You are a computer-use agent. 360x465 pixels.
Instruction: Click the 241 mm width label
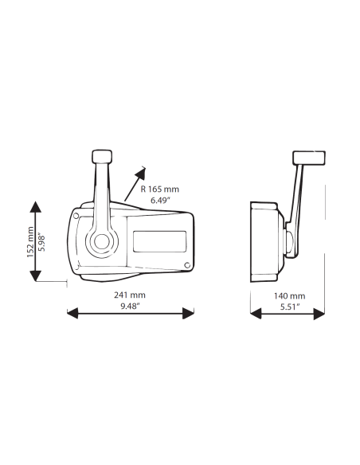(x=130, y=295)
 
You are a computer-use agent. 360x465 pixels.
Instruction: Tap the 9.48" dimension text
(x=130, y=306)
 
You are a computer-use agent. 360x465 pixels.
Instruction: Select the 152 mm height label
(x=30, y=242)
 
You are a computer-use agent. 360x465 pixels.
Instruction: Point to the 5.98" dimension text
(x=41, y=243)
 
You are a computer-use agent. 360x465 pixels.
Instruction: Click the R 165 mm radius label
(x=159, y=190)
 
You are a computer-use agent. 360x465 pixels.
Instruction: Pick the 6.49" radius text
(x=160, y=200)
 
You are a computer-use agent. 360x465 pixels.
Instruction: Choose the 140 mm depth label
(x=289, y=295)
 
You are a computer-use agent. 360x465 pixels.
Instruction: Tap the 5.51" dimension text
(x=290, y=307)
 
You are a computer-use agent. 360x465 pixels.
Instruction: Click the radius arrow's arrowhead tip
(x=145, y=167)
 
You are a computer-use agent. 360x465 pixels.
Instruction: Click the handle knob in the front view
(x=102, y=156)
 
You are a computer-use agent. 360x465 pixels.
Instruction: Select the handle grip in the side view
(x=309, y=158)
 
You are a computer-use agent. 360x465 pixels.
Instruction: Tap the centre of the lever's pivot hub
(x=101, y=240)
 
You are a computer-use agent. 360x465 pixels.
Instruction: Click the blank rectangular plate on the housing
(x=159, y=241)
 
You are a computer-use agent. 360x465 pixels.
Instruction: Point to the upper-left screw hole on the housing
(x=76, y=216)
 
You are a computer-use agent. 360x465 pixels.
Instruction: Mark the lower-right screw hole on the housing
(x=187, y=265)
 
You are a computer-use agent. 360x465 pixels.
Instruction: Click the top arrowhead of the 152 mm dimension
(x=36, y=206)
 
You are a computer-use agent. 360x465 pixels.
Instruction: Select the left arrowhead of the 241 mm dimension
(x=72, y=313)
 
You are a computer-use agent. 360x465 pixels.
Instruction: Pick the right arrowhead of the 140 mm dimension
(x=319, y=314)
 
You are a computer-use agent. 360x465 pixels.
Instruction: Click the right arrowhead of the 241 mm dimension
(x=188, y=313)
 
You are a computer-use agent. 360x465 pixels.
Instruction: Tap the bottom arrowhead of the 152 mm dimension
(x=36, y=275)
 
